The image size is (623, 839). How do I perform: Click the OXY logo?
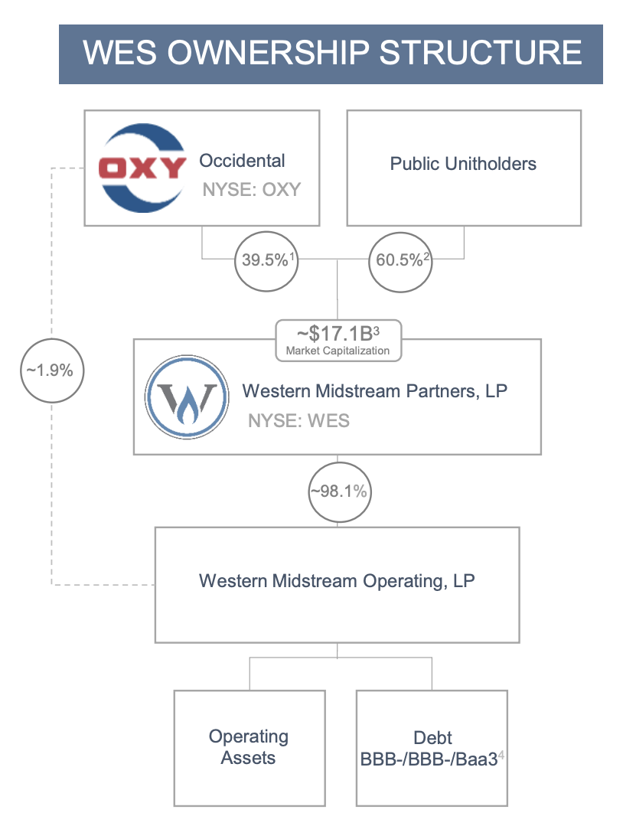click(143, 167)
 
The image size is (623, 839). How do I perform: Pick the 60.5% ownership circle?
click(400, 260)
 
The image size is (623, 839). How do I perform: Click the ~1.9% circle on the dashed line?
click(50, 371)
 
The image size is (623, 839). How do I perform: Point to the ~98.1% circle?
click(338, 492)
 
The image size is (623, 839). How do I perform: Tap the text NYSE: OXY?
click(251, 189)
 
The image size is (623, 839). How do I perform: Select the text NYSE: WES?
click(298, 421)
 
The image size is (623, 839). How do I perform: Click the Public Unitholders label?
click(463, 163)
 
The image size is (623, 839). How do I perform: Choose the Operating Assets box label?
click(249, 747)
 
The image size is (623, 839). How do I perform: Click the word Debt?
click(432, 738)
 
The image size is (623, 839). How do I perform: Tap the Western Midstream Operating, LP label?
click(337, 581)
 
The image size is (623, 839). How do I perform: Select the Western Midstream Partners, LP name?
click(374, 391)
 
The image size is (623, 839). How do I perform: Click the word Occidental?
click(242, 161)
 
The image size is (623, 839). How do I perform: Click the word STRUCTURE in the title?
click(481, 54)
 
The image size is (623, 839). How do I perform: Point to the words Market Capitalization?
click(338, 351)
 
